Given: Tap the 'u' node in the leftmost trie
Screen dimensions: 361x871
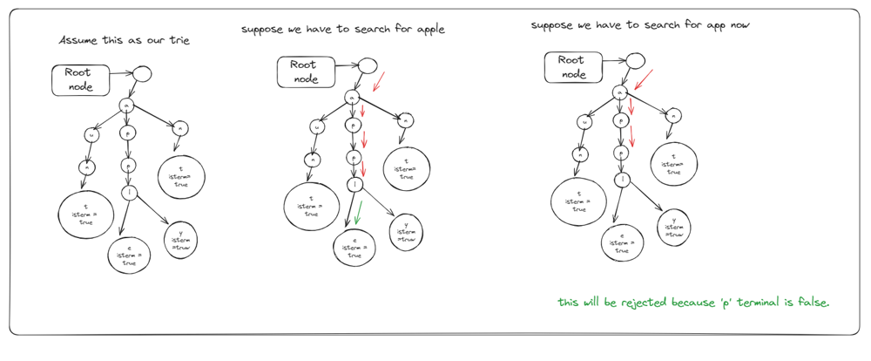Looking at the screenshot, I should (x=91, y=136).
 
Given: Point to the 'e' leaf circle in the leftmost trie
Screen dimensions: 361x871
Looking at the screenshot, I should (x=129, y=254).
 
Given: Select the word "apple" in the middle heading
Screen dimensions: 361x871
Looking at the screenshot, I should (x=429, y=30).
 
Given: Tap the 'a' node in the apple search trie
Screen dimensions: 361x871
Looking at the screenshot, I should (x=351, y=99).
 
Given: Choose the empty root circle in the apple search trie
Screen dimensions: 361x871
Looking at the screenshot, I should (x=367, y=65).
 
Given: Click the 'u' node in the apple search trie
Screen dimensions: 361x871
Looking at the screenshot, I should (x=317, y=127).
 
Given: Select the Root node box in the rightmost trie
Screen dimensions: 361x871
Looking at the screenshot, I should (x=572, y=67).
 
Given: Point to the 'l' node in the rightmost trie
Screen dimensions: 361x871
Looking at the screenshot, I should (x=622, y=180).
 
